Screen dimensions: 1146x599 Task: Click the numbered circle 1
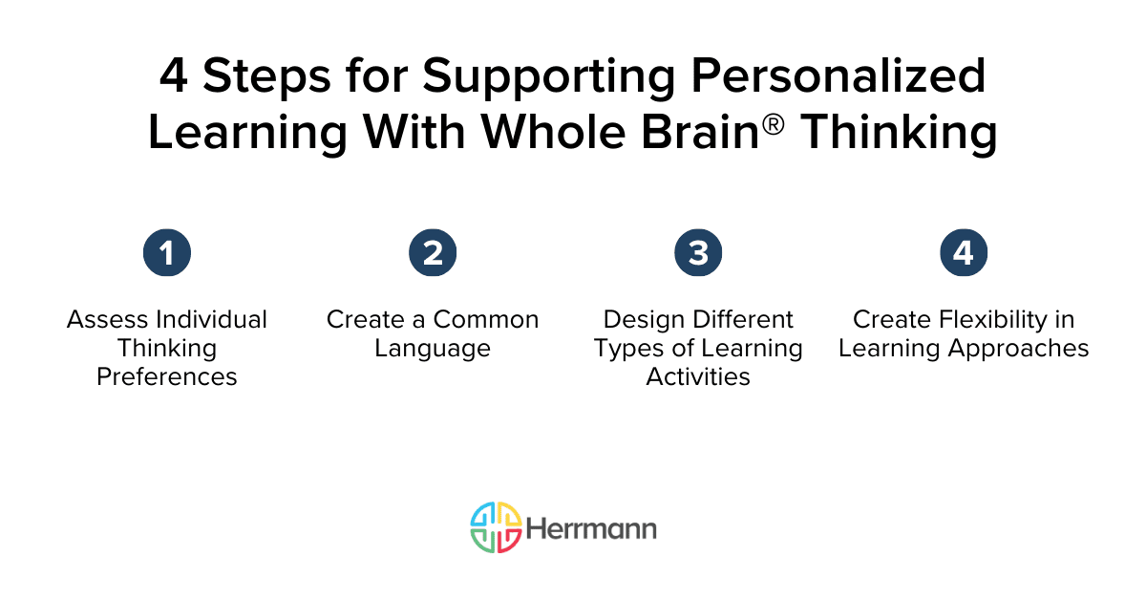[167, 252]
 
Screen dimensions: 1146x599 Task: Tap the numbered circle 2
[433, 252]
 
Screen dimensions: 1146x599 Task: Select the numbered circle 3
[698, 252]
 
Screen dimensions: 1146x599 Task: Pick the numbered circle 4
[964, 252]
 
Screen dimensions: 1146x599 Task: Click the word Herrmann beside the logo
[591, 529]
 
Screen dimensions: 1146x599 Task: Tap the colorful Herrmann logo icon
[496, 527]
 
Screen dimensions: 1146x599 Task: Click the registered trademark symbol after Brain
[773, 124]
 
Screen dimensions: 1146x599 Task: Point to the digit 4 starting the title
[174, 75]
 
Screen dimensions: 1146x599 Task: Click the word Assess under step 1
[108, 319]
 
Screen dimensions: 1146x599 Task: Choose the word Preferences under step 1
[167, 376]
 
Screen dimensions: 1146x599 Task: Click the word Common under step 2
[486, 319]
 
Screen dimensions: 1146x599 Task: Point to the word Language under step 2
[433, 350]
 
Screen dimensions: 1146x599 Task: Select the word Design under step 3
[644, 320]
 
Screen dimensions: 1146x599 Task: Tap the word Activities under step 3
[698, 376]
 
